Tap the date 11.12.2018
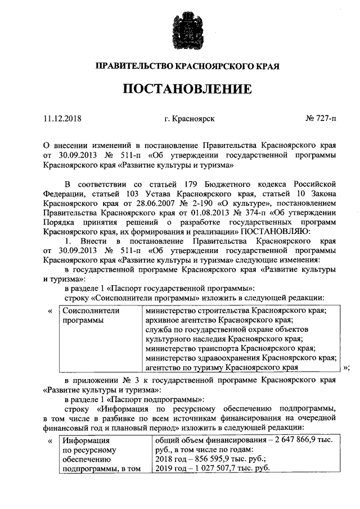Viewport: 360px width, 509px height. (62, 119)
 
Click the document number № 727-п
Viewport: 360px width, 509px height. (320, 119)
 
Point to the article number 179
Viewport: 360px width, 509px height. (192, 184)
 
